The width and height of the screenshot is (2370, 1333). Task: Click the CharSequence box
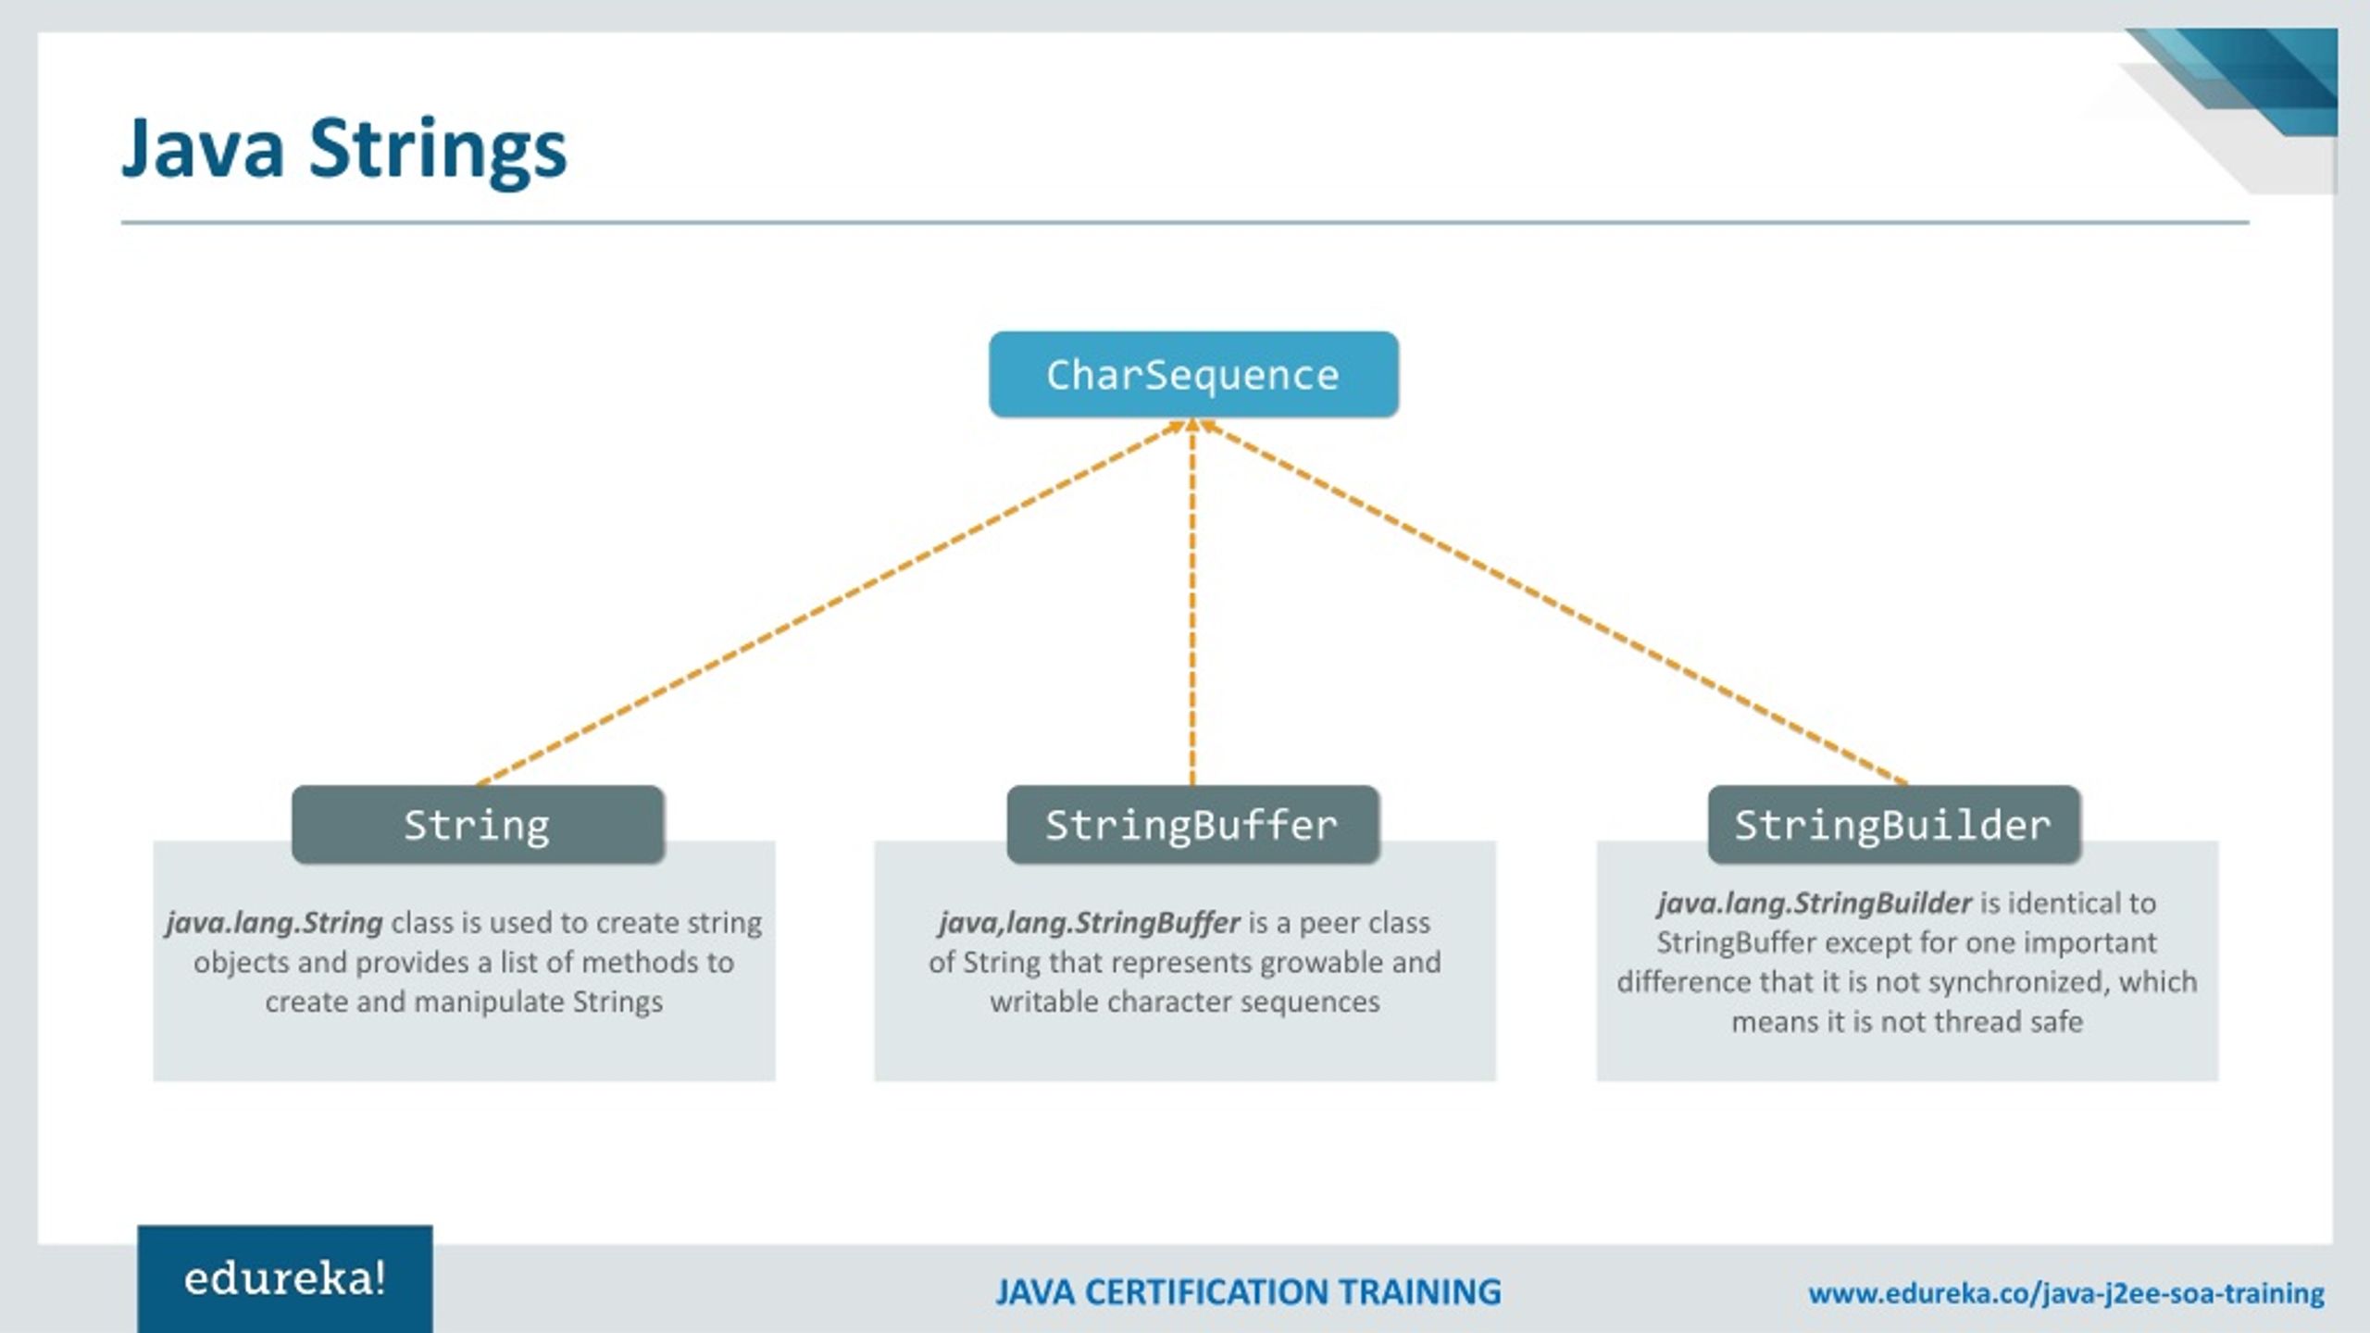point(1193,375)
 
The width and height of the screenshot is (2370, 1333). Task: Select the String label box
point(478,825)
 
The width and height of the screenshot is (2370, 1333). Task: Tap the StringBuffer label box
point(1192,825)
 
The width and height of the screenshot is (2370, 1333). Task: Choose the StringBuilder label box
point(1893,825)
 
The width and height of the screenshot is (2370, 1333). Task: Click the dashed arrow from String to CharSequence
point(833,602)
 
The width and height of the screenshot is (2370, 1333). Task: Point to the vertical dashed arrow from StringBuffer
point(1192,602)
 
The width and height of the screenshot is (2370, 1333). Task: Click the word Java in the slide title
point(202,148)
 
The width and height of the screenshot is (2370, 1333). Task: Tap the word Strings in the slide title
point(437,150)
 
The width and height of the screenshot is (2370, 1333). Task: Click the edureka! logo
point(284,1279)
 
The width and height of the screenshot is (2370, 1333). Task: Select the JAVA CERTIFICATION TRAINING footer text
point(1248,1292)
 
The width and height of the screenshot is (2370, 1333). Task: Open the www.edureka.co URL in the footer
point(2066,1293)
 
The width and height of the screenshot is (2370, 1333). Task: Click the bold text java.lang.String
point(274,923)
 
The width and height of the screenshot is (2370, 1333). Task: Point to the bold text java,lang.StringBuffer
point(1089,923)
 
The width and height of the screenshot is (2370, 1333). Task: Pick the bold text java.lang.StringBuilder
point(1815,903)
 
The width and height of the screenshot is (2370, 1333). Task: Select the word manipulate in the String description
point(489,1003)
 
